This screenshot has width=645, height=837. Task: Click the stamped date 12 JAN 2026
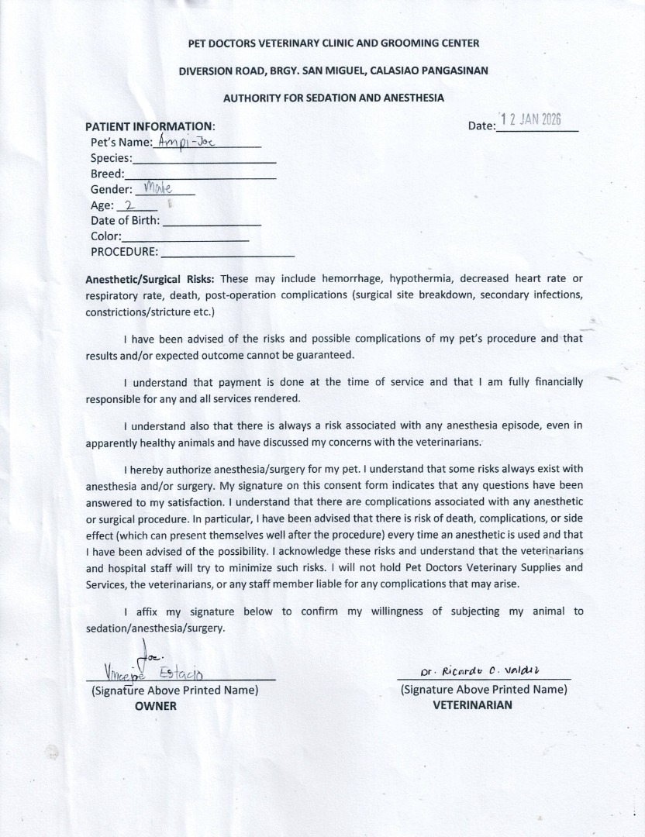tap(531, 120)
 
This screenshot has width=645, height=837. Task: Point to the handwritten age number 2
tap(129, 206)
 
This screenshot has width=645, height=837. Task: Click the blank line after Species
tap(205, 160)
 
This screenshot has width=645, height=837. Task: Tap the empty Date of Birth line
tap(212, 223)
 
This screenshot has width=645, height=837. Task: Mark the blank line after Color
tap(185, 239)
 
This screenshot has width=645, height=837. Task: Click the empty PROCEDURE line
tap(227, 254)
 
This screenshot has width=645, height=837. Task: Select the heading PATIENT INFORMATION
tap(150, 126)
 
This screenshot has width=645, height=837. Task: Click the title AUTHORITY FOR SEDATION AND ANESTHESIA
tap(333, 98)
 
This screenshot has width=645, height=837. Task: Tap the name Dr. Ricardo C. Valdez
tap(481, 670)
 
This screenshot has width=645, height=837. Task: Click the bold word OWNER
tap(156, 706)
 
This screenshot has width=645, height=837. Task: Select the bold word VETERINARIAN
tap(472, 705)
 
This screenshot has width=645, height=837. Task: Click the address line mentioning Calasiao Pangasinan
tap(333, 71)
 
